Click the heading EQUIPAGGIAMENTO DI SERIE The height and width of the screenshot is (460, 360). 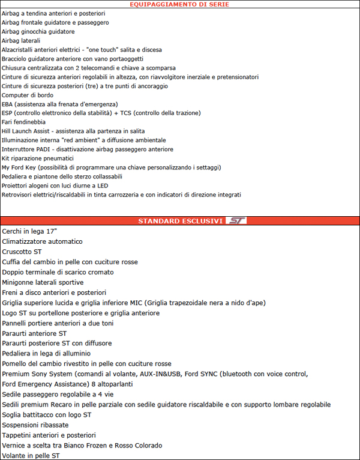coord(180,4)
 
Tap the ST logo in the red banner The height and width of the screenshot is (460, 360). coord(236,221)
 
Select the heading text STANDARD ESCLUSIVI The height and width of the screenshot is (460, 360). coord(180,221)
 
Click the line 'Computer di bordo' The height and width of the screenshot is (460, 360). coord(26,95)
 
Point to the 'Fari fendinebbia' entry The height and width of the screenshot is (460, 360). coord(23,122)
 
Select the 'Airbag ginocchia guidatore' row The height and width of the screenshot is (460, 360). coord(38,31)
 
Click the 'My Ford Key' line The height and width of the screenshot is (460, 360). coord(111,167)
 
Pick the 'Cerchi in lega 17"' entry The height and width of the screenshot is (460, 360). coord(30,231)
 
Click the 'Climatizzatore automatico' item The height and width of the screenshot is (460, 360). coord(43,241)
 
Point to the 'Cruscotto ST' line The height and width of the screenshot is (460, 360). coord(22,252)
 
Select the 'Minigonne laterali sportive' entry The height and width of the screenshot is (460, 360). coord(43,282)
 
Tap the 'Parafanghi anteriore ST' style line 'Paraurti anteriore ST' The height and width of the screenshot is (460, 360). coord(34,333)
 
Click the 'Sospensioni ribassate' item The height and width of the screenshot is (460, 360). coord(35,425)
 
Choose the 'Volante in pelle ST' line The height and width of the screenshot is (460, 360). coord(31,455)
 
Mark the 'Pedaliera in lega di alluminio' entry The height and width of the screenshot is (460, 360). coord(46,353)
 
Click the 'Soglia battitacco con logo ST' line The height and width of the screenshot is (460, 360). coord(47,414)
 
